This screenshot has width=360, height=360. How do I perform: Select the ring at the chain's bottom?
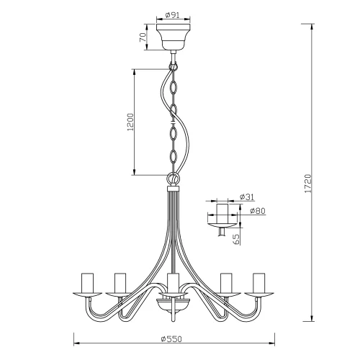(x=173, y=178)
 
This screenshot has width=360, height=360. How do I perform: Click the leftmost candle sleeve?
(x=89, y=282)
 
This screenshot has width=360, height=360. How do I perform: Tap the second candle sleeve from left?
(x=120, y=282)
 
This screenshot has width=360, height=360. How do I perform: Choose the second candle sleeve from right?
(x=226, y=282)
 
